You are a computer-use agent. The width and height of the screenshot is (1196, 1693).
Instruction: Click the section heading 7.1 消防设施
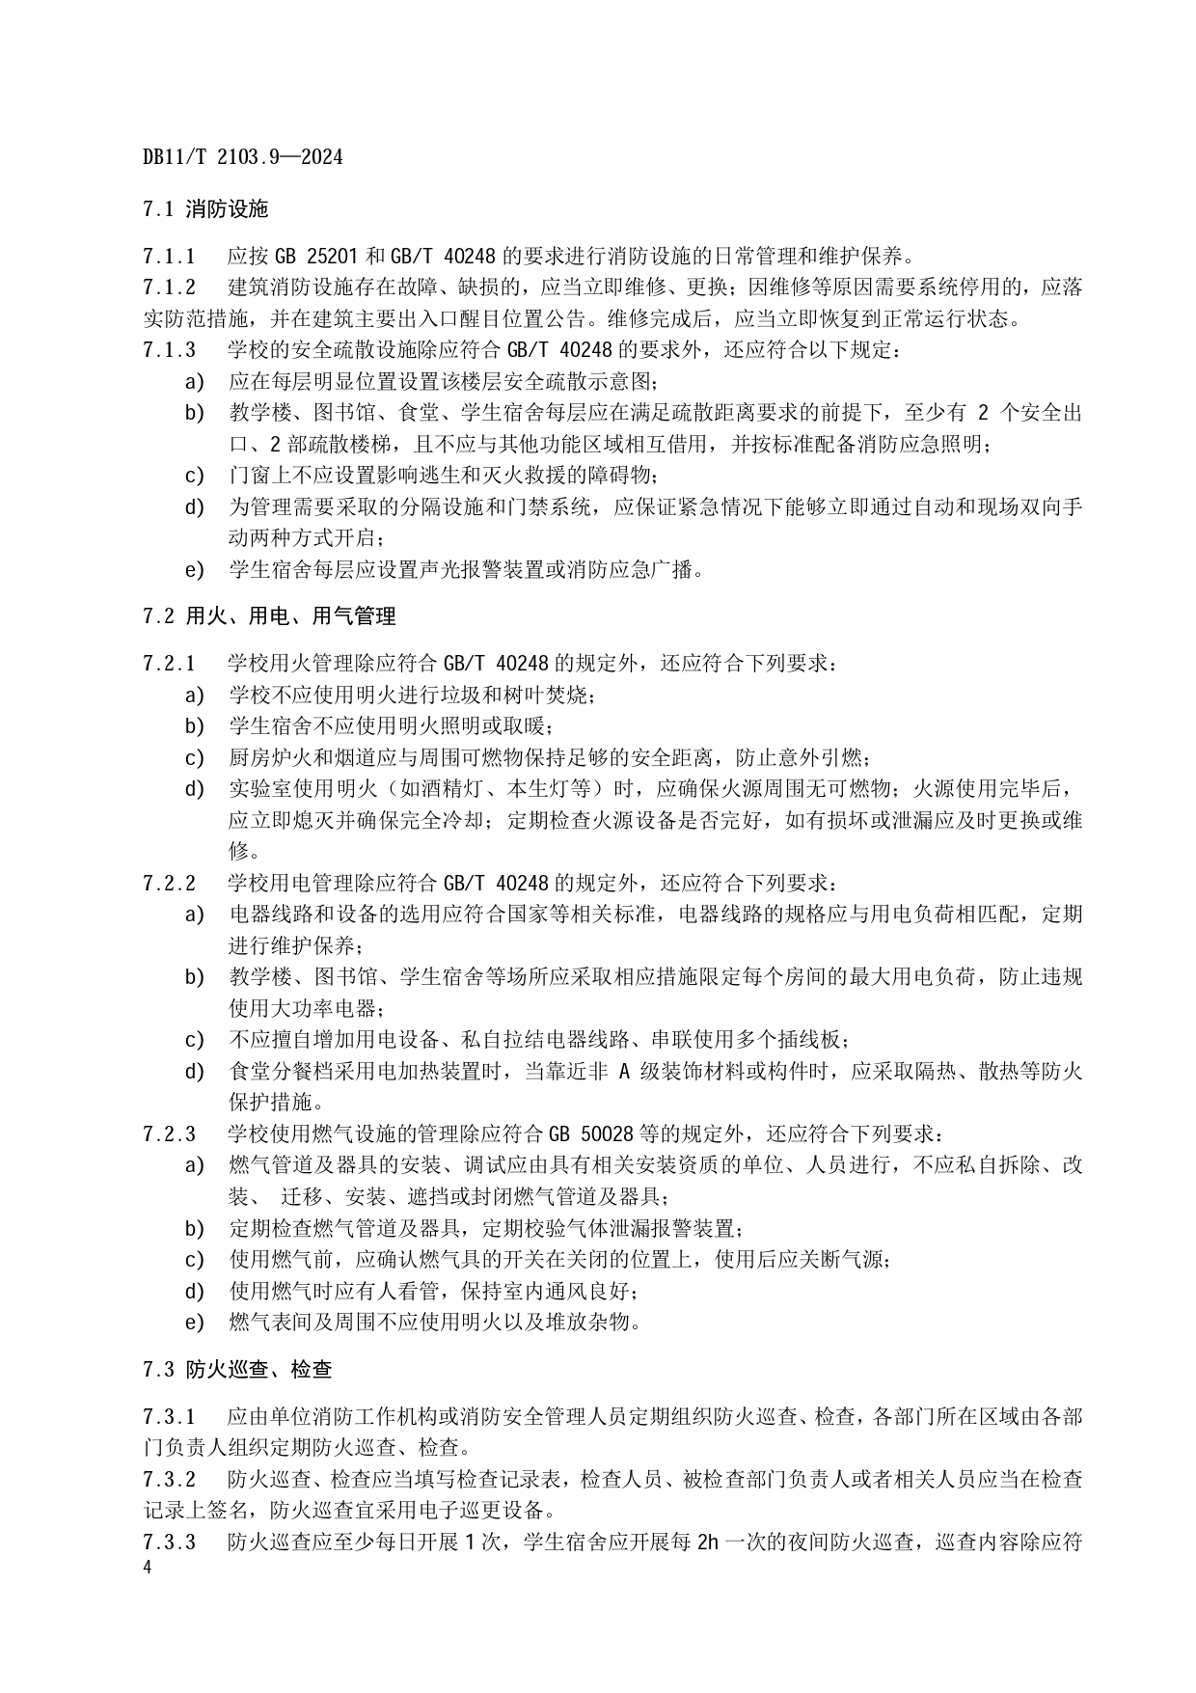tap(204, 208)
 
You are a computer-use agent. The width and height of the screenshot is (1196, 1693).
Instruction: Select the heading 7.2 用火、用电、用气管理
tap(268, 615)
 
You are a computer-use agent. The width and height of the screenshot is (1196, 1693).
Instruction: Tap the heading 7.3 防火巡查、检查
tap(236, 1369)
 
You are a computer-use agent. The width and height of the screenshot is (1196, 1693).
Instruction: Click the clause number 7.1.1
tap(169, 256)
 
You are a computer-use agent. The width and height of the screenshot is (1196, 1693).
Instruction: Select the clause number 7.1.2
tap(169, 287)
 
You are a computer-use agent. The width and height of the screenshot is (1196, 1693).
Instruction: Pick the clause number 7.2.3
tap(169, 1133)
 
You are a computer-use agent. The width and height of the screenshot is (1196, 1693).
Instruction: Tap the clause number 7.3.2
tap(169, 1479)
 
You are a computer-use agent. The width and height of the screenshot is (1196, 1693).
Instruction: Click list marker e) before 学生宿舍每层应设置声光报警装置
tap(195, 570)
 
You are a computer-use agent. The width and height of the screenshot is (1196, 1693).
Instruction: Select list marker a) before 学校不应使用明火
tap(195, 695)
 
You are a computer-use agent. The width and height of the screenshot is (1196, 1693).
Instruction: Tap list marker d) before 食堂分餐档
tap(195, 1071)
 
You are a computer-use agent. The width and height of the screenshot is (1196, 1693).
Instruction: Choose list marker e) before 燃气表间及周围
tap(195, 1322)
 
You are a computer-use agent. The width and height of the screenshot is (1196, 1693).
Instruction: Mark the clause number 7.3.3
tap(169, 1542)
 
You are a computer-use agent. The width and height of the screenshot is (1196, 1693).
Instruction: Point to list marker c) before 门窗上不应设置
tap(195, 476)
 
